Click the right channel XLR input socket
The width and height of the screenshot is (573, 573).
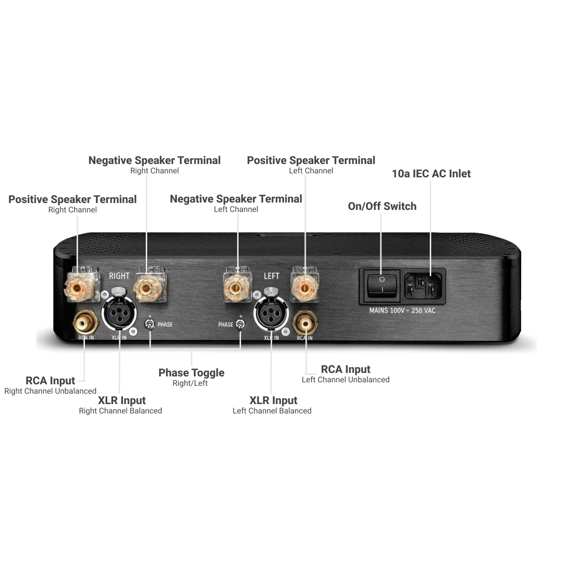pos(120,313)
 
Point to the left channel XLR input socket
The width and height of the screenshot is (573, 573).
pos(271,313)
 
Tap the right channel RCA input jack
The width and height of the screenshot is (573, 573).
pos(84,324)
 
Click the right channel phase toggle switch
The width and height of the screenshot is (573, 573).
pos(150,324)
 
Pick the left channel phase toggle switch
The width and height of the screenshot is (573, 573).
pos(240,324)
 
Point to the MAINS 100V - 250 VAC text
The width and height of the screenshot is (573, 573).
pos(402,311)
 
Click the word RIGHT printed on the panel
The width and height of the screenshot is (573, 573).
pos(119,276)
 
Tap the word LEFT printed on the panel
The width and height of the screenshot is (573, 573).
pos(271,276)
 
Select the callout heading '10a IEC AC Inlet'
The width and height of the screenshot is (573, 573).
pos(431,174)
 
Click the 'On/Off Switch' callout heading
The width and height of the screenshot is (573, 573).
pos(382,206)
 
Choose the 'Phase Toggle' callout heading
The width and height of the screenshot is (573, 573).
pos(191,373)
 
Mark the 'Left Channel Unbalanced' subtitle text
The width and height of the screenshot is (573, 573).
pos(345,380)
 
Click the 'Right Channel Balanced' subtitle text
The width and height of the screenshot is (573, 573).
pos(120,411)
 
